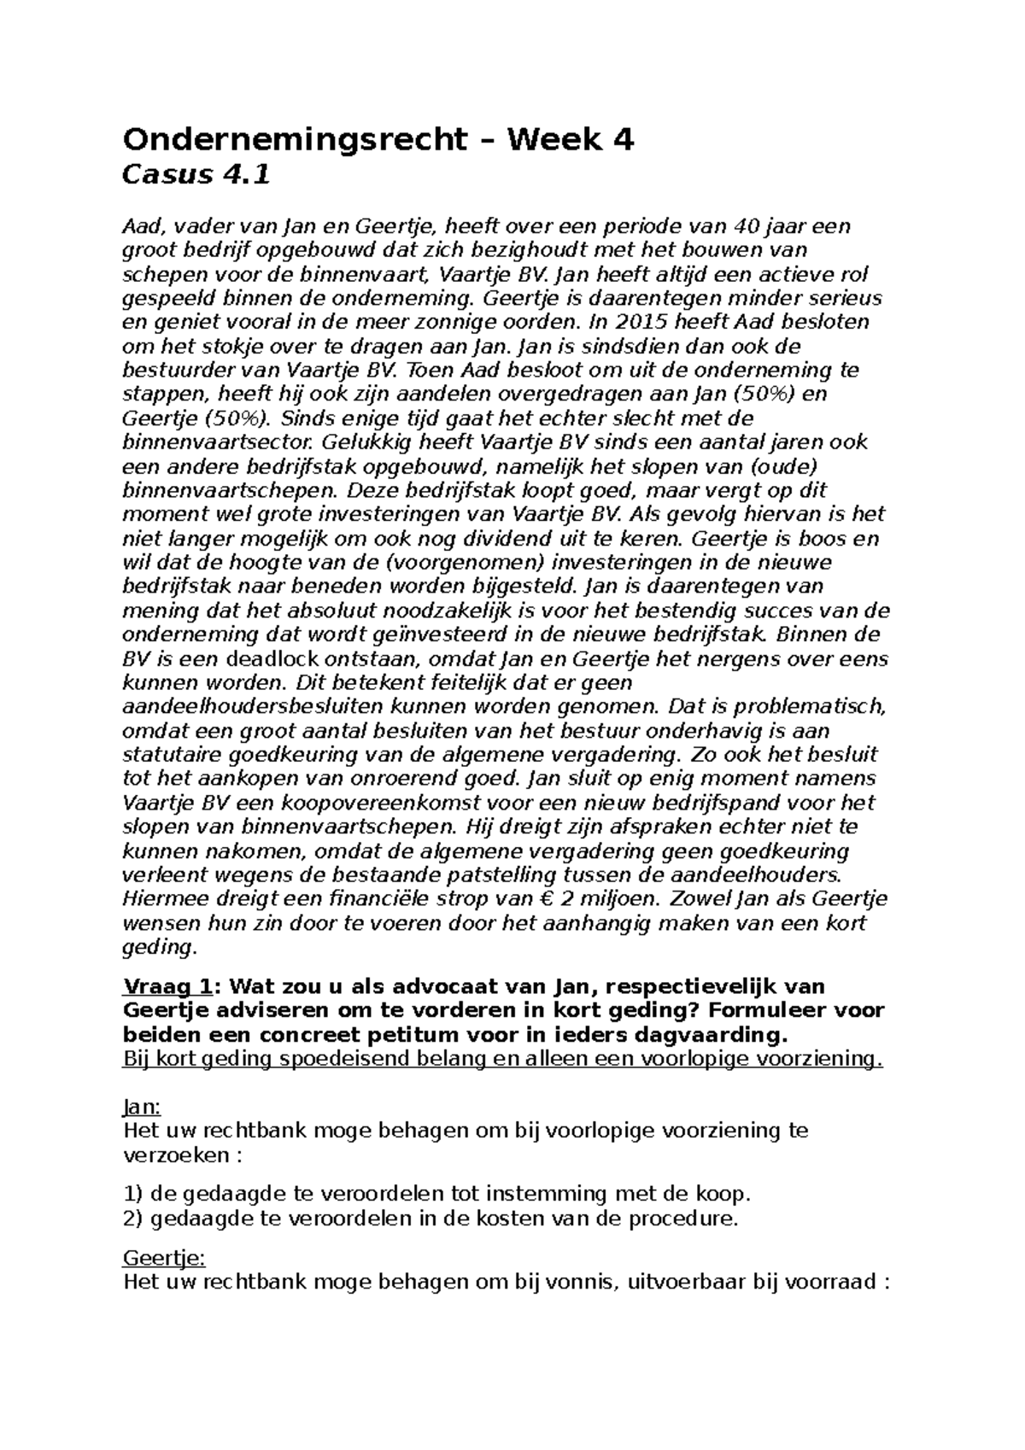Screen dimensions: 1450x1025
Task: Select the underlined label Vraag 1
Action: tap(167, 986)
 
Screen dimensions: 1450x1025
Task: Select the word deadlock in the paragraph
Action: tap(278, 659)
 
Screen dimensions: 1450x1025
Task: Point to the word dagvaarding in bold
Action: tap(712, 1035)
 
